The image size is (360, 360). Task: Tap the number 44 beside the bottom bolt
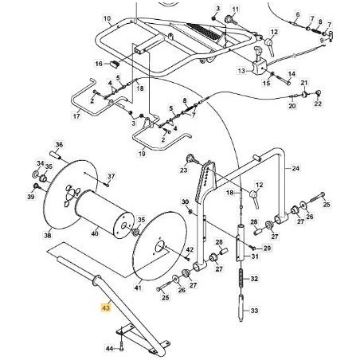click(110, 348)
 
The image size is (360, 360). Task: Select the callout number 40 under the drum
click(96, 234)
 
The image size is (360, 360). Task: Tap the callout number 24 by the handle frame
click(295, 169)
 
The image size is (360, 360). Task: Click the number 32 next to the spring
click(254, 280)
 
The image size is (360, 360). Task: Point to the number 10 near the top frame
click(108, 17)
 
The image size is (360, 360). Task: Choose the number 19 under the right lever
click(142, 153)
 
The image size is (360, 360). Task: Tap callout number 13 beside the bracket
click(241, 71)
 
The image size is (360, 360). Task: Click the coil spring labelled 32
click(238, 280)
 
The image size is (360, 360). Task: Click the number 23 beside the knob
click(183, 170)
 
